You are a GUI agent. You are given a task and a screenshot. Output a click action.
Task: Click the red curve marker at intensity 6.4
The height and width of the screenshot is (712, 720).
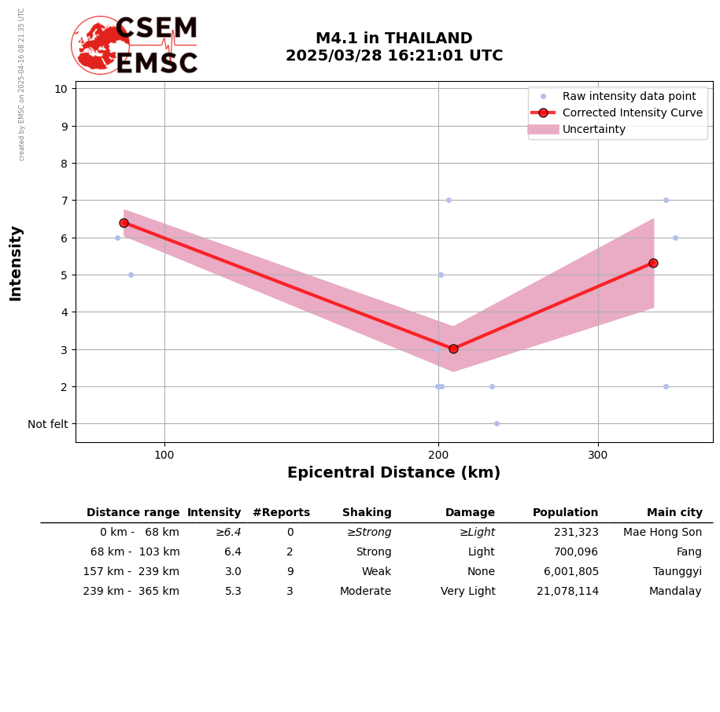[124, 223]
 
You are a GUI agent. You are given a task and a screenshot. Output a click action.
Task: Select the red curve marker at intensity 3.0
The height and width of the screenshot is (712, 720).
[453, 349]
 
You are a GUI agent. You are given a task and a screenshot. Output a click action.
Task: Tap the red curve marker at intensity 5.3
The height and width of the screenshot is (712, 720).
[653, 263]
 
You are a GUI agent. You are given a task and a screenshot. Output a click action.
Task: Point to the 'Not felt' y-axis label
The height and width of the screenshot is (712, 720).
[48, 424]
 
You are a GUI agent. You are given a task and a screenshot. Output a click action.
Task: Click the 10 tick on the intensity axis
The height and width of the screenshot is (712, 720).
[61, 89]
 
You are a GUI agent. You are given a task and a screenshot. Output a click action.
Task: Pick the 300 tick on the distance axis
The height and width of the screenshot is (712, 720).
[598, 454]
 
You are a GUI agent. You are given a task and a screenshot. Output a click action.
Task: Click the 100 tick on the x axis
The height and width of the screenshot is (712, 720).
[164, 454]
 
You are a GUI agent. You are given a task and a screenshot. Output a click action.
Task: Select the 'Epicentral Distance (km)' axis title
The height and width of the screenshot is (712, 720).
[393, 473]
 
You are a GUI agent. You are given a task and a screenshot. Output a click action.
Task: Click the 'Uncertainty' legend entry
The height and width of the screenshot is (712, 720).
[594, 129]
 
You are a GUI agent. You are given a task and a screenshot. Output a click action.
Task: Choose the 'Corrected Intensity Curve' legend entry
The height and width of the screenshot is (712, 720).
[632, 113]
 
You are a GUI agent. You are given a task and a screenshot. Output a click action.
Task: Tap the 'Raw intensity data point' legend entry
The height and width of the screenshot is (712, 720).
[629, 96]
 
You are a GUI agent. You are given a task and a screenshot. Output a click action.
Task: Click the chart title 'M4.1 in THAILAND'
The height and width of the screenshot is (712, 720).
[393, 39]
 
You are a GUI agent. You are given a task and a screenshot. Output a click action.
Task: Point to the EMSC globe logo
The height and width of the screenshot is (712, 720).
[100, 45]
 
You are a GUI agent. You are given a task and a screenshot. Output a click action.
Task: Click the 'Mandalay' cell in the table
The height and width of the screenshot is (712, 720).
[675, 592]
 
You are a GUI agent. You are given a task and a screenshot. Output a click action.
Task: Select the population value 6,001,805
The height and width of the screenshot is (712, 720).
[567, 572]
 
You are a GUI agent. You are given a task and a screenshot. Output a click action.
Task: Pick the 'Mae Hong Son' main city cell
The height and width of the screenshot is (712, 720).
[663, 533]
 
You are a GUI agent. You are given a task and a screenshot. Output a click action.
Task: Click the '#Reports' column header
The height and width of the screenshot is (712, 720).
[281, 513]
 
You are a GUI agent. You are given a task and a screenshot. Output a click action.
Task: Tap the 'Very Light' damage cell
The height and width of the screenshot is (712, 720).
[468, 592]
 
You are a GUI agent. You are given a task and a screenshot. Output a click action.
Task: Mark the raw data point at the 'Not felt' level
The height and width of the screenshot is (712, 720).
[497, 423]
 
